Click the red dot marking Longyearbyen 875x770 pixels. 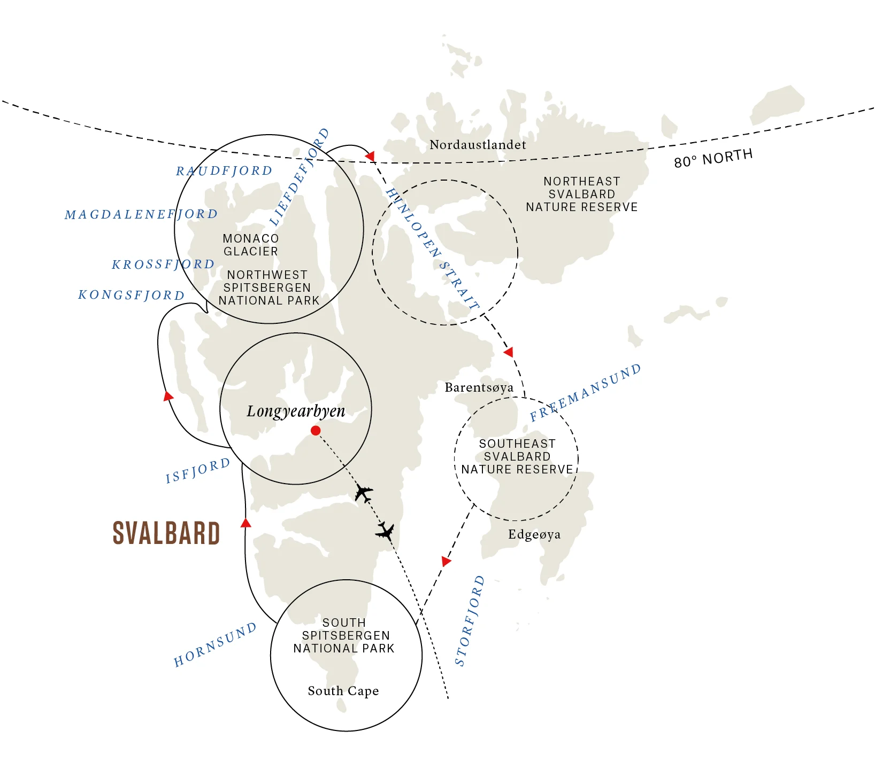[x=316, y=431]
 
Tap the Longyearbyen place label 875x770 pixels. [x=296, y=411]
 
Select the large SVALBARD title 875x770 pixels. [x=166, y=533]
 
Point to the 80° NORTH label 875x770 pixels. [x=713, y=159]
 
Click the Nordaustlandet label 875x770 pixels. [x=478, y=145]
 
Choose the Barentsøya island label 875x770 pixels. [x=479, y=387]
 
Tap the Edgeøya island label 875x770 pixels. [x=534, y=534]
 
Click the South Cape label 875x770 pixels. [x=343, y=691]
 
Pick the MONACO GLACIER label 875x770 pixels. [x=251, y=245]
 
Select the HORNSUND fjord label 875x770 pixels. [x=215, y=645]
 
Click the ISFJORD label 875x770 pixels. [x=198, y=471]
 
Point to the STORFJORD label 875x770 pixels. [x=470, y=621]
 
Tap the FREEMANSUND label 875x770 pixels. [x=585, y=393]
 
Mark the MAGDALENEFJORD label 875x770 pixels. [x=141, y=214]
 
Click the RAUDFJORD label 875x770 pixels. [x=224, y=171]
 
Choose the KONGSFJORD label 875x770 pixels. [x=132, y=295]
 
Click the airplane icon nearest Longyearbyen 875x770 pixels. [x=364, y=493]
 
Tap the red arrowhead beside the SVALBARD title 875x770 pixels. [x=245, y=523]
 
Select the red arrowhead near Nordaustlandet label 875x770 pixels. [x=370, y=156]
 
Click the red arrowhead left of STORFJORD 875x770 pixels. [x=446, y=561]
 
